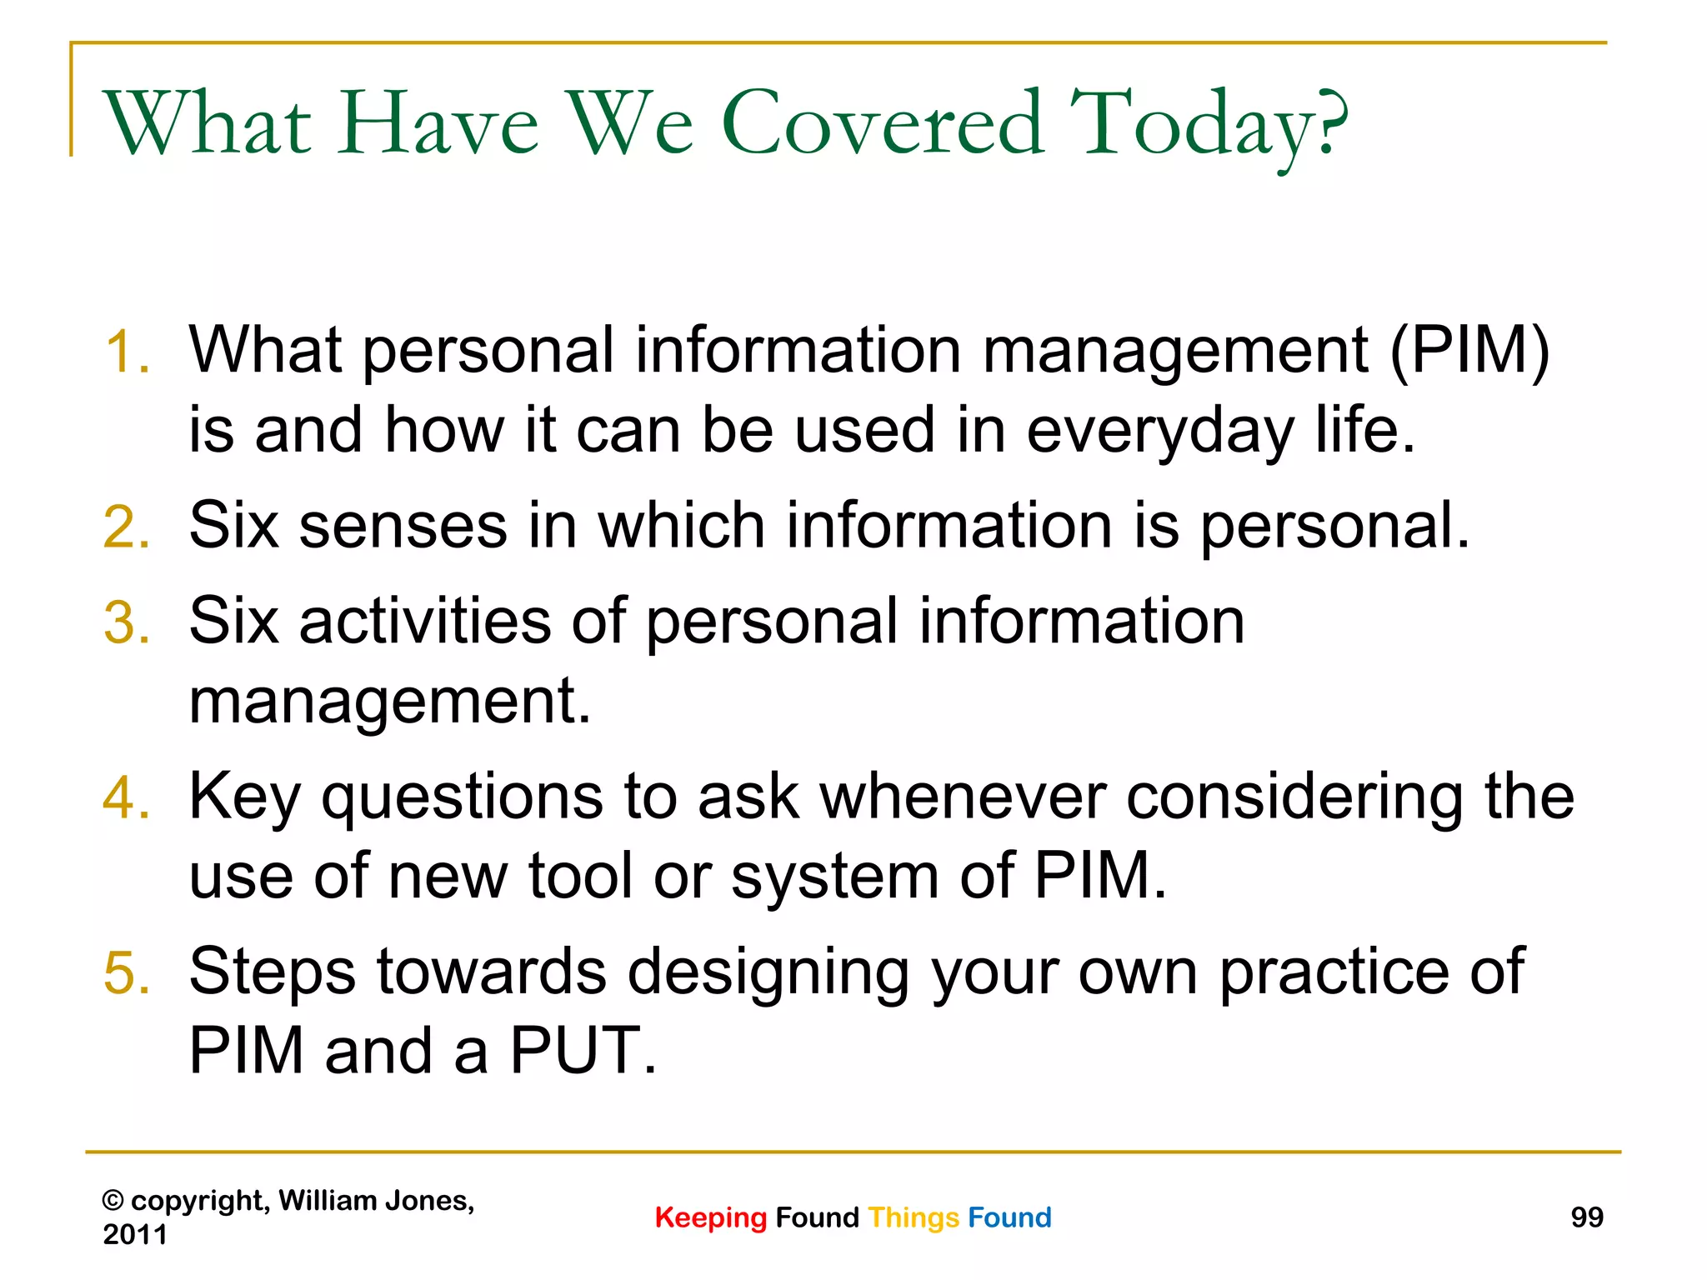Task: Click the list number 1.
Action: click(127, 352)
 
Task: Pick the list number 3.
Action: click(127, 623)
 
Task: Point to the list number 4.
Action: click(127, 798)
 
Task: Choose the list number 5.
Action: click(127, 973)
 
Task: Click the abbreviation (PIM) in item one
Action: click(1469, 351)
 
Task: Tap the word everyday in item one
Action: click(1159, 432)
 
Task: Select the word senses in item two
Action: click(403, 527)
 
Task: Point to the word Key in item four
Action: click(243, 798)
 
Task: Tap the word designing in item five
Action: click(768, 973)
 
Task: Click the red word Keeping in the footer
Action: click(710, 1218)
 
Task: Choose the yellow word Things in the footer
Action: click(914, 1218)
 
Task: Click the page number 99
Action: click(1586, 1217)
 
